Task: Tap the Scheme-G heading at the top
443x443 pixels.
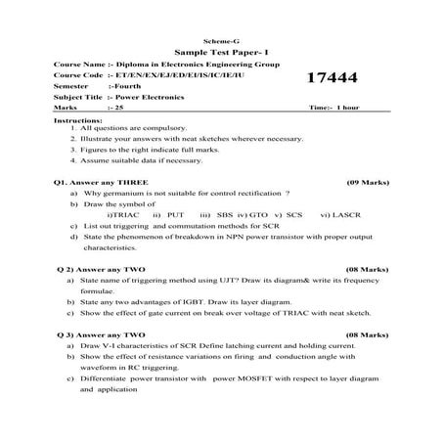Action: point(221,37)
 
